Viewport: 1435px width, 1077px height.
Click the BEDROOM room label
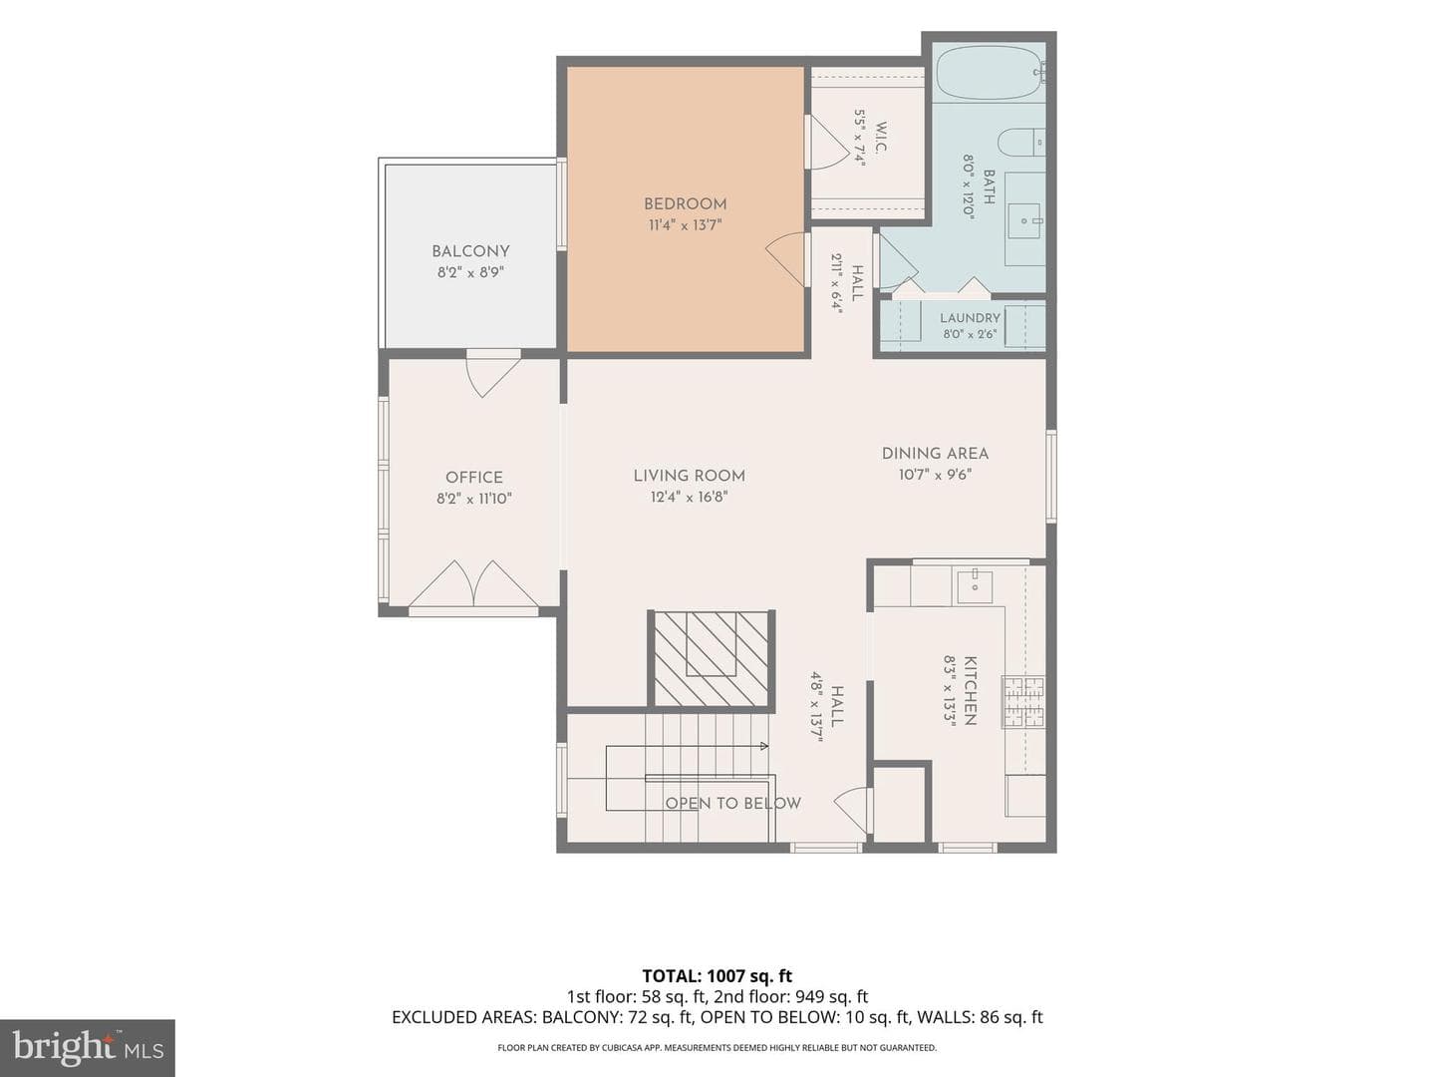point(685,204)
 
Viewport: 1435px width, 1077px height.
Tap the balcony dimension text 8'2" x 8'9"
point(470,272)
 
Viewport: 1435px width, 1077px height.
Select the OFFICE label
point(474,478)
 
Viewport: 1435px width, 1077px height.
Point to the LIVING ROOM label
point(689,476)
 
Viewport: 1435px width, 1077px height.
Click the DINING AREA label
point(935,453)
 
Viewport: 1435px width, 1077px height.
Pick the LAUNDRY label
point(970,318)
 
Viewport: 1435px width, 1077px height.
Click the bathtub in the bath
point(990,73)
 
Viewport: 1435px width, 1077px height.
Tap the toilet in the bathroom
point(1020,143)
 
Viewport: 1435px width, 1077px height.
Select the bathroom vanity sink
point(1025,220)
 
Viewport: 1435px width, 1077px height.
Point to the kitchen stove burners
point(1023,702)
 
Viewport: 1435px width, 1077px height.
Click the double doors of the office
point(473,584)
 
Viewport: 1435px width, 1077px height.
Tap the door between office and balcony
point(493,375)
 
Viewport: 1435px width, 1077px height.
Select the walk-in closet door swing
point(827,143)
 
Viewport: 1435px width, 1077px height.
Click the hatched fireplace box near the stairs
point(712,658)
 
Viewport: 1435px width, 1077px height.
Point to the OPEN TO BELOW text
point(732,803)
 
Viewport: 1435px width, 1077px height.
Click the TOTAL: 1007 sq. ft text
point(717,975)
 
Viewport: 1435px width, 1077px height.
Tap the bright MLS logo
point(88,1047)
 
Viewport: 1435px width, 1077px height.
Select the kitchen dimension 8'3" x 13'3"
point(950,690)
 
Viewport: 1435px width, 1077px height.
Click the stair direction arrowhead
point(764,746)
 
